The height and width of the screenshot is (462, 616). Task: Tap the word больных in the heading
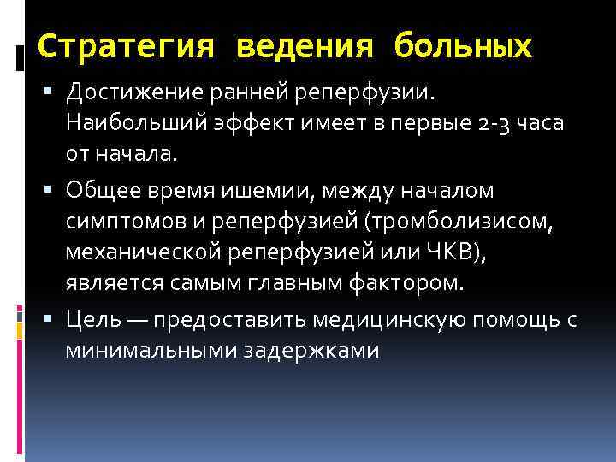point(463,46)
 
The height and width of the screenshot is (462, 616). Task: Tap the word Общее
point(103,188)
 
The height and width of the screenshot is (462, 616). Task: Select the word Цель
point(90,319)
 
